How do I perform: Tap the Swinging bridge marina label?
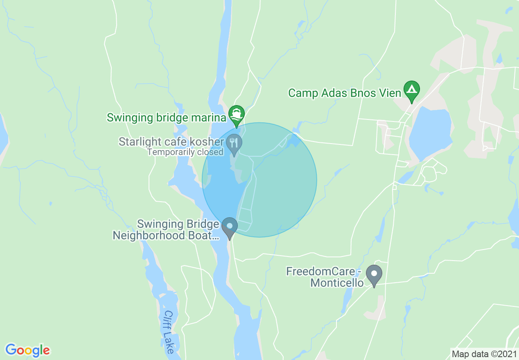166,118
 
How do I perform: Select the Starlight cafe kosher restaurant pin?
234,144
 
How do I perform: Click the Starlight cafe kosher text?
171,142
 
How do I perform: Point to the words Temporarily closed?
185,152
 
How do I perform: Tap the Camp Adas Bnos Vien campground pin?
411,90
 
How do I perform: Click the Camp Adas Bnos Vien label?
345,93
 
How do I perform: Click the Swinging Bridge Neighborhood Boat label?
166,230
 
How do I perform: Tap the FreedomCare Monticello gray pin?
374,274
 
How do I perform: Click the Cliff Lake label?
169,331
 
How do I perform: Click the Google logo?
27,350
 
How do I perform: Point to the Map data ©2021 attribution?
484,354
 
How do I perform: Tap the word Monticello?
337,283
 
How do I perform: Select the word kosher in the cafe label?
209,142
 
